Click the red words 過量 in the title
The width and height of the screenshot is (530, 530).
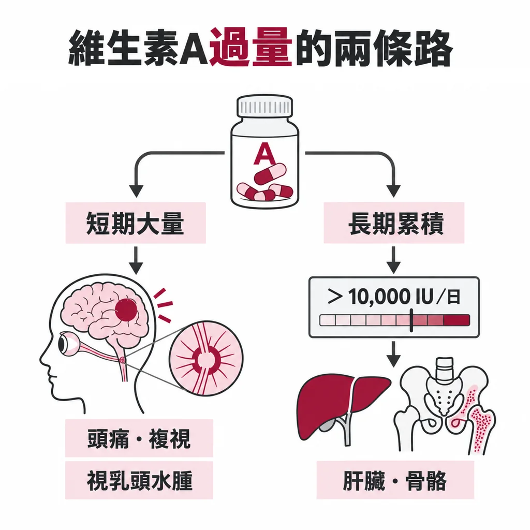coord(251,48)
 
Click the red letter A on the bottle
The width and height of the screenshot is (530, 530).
coord(264,154)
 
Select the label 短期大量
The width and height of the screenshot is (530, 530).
coord(135,223)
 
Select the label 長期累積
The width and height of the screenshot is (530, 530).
coord(394,223)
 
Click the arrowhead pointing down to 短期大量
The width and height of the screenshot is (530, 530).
coord(136,191)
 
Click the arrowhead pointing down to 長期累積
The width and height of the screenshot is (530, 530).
coord(393,191)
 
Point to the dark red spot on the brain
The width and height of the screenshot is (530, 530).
coord(126,310)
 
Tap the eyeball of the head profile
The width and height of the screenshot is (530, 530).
coord(67,344)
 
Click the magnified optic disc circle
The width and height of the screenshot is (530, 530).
coord(206,358)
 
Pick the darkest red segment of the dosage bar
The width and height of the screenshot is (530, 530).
coord(457,320)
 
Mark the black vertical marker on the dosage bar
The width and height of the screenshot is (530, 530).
coord(411,320)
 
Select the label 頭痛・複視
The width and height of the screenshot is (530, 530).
coord(139,438)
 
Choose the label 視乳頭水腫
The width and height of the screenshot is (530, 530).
coord(139,480)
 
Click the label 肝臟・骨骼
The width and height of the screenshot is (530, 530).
coord(395,480)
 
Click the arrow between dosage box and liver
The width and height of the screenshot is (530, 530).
coord(393,354)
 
